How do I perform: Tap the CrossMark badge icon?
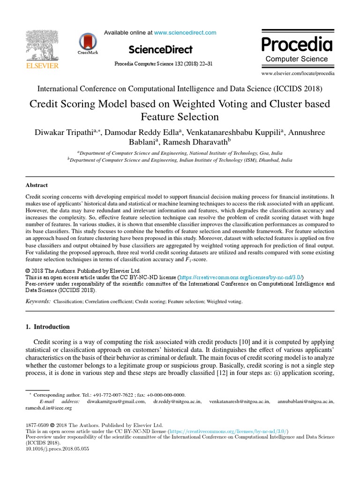[86, 42]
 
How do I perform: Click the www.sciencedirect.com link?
[185, 33]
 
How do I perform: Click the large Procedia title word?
[297, 45]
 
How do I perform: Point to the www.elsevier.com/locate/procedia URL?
[298, 74]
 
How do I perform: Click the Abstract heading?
[37, 185]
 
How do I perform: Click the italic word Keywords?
[37, 301]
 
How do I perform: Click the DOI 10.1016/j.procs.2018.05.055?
[57, 449]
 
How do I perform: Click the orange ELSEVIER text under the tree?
[42, 66]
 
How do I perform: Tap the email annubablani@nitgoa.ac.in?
[306, 402]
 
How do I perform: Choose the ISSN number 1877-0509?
[37, 425]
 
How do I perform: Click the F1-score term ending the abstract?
[193, 259]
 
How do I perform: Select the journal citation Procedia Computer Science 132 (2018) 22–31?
[163, 63]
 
